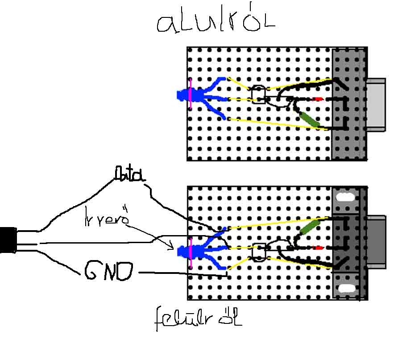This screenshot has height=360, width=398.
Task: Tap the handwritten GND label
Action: [x=108, y=271]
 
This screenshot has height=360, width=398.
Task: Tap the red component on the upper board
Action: [x=319, y=99]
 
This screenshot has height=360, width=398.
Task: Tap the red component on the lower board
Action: [x=319, y=248]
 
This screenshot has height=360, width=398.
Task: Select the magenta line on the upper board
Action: [x=191, y=94]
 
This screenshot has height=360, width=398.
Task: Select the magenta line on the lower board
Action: [x=191, y=252]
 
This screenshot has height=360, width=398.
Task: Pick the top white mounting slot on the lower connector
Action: [x=345, y=197]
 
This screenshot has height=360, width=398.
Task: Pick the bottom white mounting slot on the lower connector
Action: [x=345, y=289]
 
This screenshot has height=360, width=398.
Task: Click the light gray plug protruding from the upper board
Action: [x=376, y=105]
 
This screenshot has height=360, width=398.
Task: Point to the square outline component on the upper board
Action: [x=258, y=95]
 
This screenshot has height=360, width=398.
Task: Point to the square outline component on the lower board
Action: [x=258, y=251]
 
